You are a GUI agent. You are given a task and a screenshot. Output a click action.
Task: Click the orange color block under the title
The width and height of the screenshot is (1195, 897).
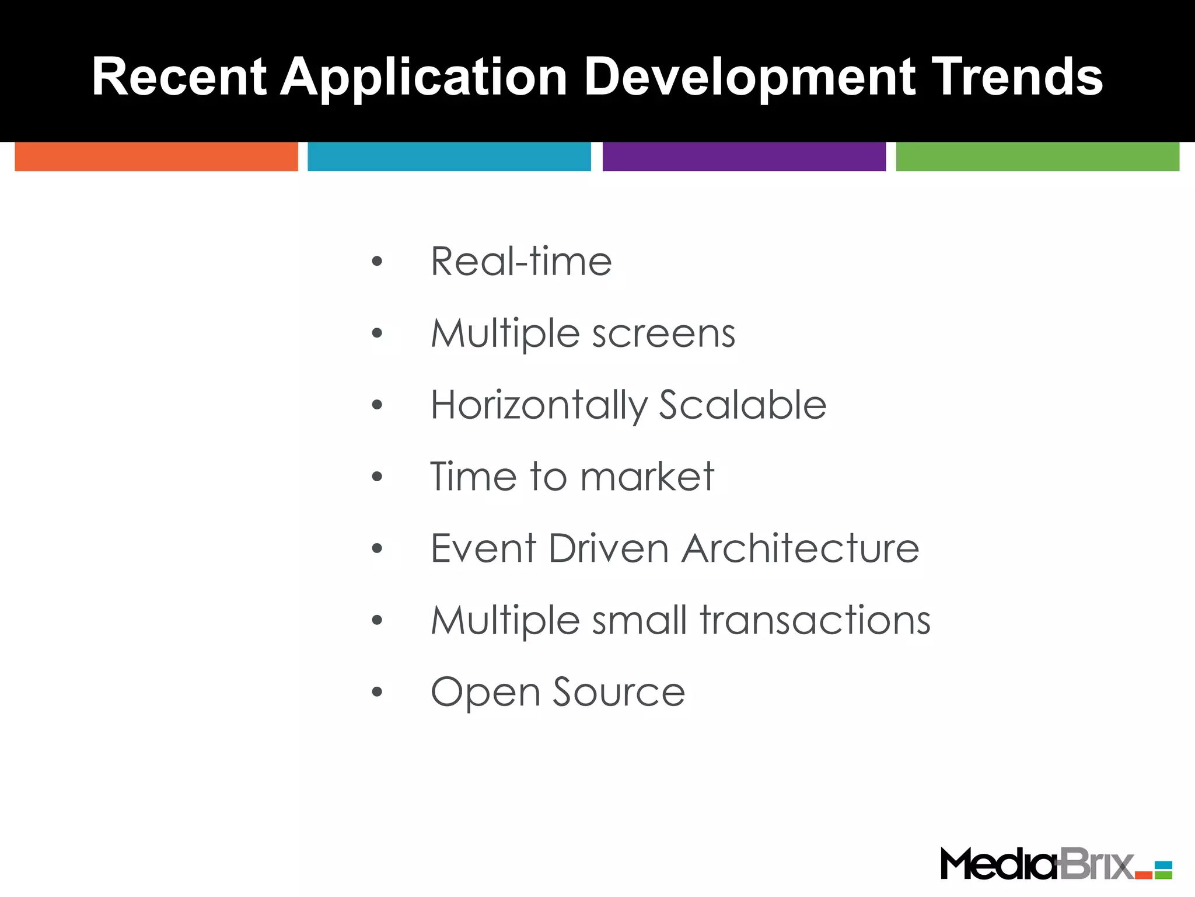point(156,157)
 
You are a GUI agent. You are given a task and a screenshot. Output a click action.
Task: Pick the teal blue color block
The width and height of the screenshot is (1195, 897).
point(449,157)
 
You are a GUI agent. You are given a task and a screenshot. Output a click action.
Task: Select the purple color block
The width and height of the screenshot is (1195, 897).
point(744,157)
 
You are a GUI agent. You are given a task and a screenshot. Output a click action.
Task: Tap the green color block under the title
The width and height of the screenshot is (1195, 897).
point(1037,157)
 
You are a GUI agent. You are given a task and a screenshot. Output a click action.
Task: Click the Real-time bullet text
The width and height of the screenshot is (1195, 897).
point(521,261)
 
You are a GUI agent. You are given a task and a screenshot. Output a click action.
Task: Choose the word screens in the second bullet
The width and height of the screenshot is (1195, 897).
point(663,333)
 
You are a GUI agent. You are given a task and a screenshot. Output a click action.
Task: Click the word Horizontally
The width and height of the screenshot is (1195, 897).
point(539,405)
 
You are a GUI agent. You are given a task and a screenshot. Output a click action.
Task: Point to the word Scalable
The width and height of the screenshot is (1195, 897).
point(742,405)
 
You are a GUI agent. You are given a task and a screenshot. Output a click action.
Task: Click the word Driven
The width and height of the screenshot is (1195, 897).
point(608,548)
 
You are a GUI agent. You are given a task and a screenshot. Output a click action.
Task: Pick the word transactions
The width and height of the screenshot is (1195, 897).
point(815,620)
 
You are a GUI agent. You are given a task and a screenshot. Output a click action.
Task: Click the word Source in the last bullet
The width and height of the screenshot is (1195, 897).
point(619,692)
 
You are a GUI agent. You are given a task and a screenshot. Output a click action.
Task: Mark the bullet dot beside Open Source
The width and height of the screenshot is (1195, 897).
point(377,693)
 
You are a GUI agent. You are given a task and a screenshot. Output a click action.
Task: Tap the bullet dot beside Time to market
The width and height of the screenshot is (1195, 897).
point(377,477)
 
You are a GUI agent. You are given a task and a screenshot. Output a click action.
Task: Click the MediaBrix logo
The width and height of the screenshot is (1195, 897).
point(1056,864)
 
